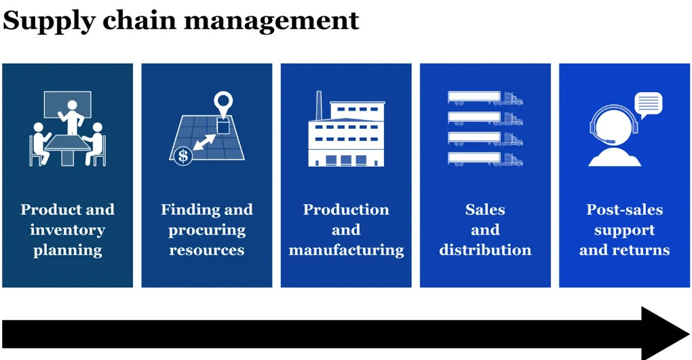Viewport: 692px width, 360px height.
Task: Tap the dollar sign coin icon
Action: pyautogui.click(x=182, y=156)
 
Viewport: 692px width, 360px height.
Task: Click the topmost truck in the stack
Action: pyautogui.click(x=485, y=99)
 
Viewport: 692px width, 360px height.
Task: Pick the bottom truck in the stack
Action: pyautogui.click(x=485, y=160)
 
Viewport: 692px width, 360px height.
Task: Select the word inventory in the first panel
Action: pyautogui.click(x=67, y=230)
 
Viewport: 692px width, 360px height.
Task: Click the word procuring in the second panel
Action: pyautogui.click(x=206, y=230)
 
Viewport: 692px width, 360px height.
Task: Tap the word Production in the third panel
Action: pyautogui.click(x=346, y=209)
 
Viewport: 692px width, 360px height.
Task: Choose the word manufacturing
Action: pyautogui.click(x=346, y=250)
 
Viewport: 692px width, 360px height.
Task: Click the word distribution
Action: pyautogui.click(x=485, y=250)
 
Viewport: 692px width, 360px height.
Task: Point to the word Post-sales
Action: pyautogui.click(x=624, y=209)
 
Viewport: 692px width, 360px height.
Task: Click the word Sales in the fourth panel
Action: pyautogui.click(x=485, y=209)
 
